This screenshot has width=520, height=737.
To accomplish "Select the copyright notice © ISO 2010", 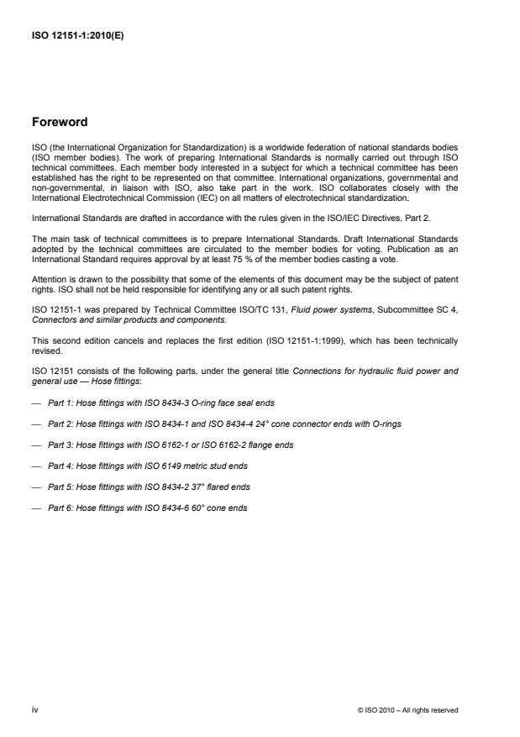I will click(407, 710).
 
